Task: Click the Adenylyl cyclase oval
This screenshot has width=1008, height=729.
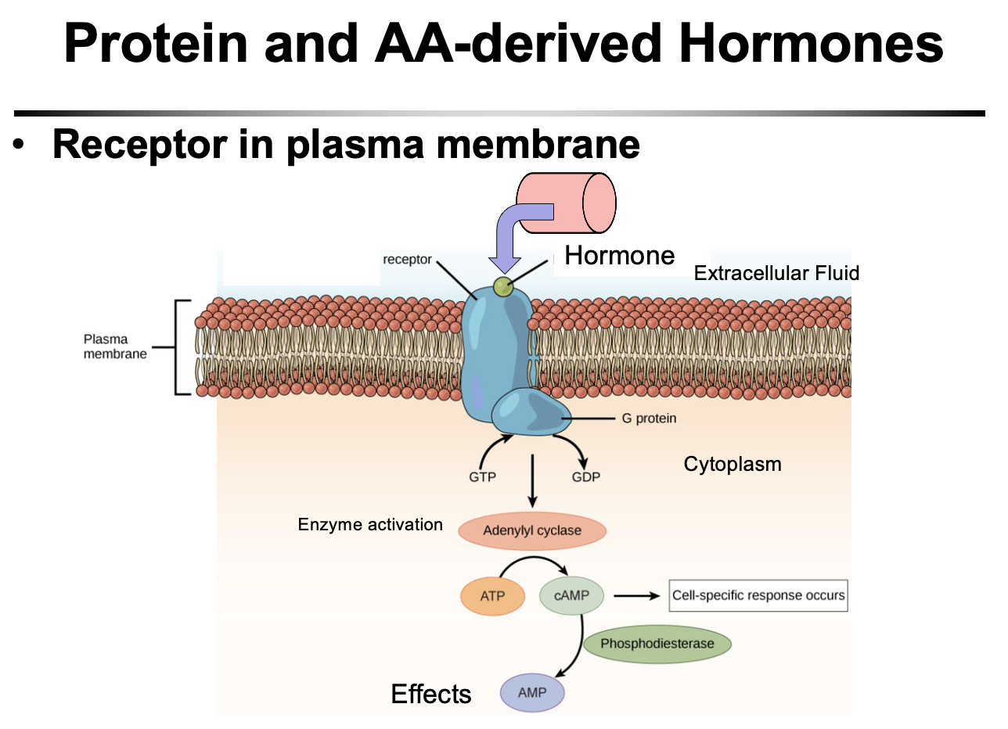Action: [x=531, y=531]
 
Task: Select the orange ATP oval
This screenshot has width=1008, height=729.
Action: [x=492, y=596]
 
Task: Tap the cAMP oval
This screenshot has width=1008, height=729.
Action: [x=571, y=596]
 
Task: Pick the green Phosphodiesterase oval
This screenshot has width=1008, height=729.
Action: [x=657, y=644]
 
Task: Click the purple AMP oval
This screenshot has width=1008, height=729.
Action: [x=532, y=692]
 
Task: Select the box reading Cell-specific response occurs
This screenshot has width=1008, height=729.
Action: [x=758, y=595]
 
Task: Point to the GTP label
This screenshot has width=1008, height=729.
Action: [x=482, y=476]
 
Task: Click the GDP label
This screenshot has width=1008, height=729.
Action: [x=585, y=476]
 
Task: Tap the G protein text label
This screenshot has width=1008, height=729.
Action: [x=649, y=418]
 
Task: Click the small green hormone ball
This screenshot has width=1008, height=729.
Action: [x=503, y=286]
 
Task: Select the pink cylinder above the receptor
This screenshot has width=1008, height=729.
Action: [x=569, y=202]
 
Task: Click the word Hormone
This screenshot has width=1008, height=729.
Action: [x=619, y=256]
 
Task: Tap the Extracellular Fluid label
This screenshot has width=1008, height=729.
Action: [x=776, y=273]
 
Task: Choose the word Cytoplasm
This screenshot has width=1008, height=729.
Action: [x=733, y=464]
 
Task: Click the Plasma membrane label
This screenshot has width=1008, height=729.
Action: [x=106, y=347]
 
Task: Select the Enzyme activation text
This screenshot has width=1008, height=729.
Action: [x=370, y=524]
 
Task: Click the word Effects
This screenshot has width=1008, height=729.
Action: [x=431, y=694]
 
